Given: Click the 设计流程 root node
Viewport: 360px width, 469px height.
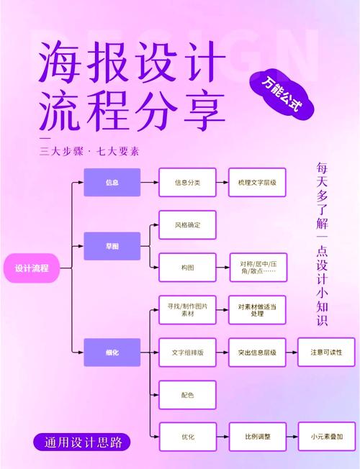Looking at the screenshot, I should (32, 268).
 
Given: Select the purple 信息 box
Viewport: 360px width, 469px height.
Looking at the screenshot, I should (112, 183).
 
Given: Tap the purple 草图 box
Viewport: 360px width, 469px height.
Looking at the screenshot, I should (112, 246).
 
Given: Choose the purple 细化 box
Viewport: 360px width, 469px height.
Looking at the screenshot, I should (112, 352).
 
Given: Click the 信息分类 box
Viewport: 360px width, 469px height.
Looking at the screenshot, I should (187, 183).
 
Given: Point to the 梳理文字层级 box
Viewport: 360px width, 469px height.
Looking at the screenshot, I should (257, 183).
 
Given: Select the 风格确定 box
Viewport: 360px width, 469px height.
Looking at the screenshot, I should (187, 225).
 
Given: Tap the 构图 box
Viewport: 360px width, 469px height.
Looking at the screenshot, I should (187, 267).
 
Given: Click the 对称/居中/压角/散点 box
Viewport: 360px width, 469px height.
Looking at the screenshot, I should (257, 267).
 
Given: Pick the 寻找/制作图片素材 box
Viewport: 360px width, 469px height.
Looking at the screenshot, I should (187, 310).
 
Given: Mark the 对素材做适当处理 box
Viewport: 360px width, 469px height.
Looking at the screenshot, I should (257, 310).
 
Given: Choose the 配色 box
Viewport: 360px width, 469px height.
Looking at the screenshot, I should (187, 394).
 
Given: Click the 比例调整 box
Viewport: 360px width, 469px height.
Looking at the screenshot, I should (257, 437).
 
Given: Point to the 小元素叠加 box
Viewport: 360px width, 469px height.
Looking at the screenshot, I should (326, 437).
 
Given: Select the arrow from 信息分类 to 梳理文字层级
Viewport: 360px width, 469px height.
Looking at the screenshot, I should (222, 183).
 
